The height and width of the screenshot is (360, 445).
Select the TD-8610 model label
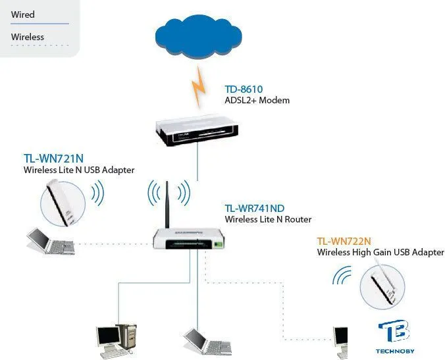(244, 89)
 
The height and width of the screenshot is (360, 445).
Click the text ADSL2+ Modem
(257, 101)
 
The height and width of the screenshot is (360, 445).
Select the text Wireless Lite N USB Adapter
(79, 170)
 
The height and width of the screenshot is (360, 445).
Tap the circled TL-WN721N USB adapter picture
(63, 201)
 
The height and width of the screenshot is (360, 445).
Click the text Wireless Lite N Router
(268, 220)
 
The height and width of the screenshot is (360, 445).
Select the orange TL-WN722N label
(344, 241)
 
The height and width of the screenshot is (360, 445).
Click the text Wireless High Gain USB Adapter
(380, 253)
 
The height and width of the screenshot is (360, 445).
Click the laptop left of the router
(49, 242)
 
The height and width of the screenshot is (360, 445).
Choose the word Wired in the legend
(23, 14)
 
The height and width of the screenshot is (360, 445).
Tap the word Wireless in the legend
(28, 37)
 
